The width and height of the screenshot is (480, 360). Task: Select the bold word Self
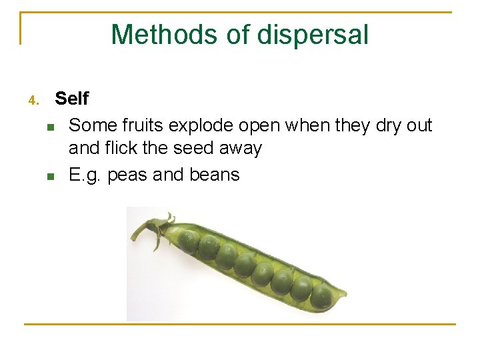[x=71, y=99]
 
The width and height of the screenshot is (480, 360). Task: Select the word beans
[x=214, y=175]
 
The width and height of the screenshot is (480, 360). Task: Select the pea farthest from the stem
[x=322, y=295]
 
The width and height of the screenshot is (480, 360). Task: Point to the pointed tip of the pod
[x=345, y=293]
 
